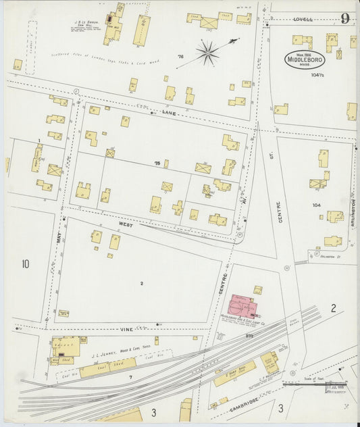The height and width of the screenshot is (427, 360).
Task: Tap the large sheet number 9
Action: tap(344, 18)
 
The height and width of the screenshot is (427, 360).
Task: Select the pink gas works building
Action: tap(242, 305)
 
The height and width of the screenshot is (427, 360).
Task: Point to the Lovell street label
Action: tap(303, 20)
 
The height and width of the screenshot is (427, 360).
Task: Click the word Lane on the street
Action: tap(169, 113)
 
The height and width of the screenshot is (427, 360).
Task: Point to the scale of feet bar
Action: tap(315, 385)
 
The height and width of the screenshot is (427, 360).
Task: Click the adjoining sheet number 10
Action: tap(25, 263)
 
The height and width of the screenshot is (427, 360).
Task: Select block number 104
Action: tap(315, 204)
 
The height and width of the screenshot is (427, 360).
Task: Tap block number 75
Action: tap(157, 164)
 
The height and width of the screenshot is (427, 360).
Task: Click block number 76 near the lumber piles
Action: tap(180, 56)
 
